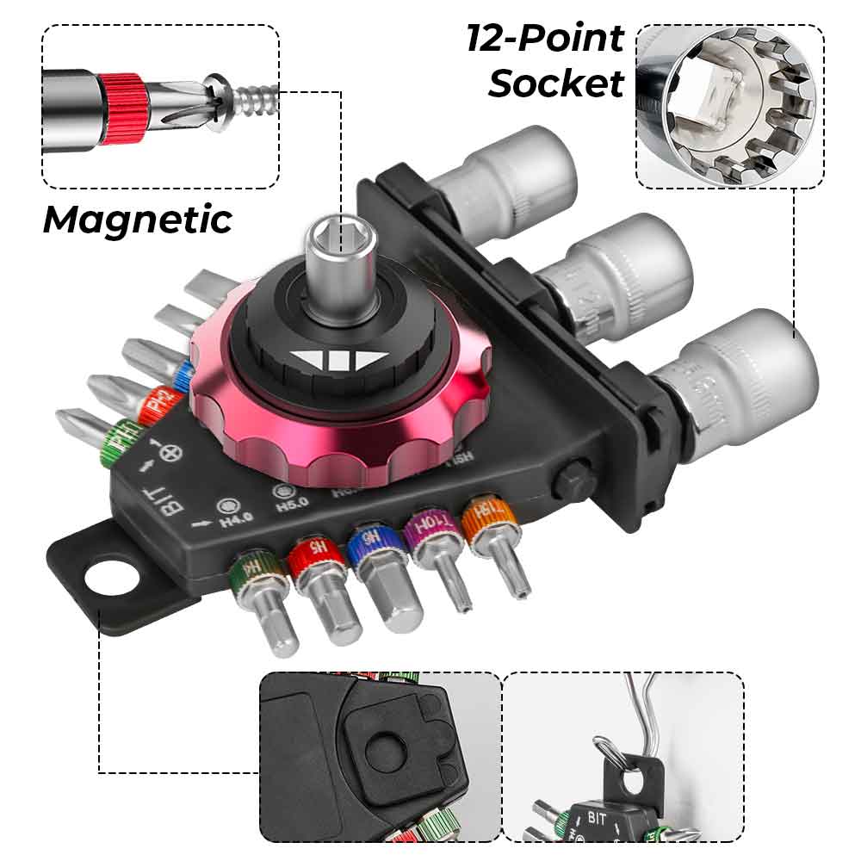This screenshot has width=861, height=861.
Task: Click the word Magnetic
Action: pyautogui.click(x=138, y=220)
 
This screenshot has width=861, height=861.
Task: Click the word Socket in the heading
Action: pyautogui.click(x=556, y=84)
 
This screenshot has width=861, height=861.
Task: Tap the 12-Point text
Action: pyautogui.click(x=545, y=39)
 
